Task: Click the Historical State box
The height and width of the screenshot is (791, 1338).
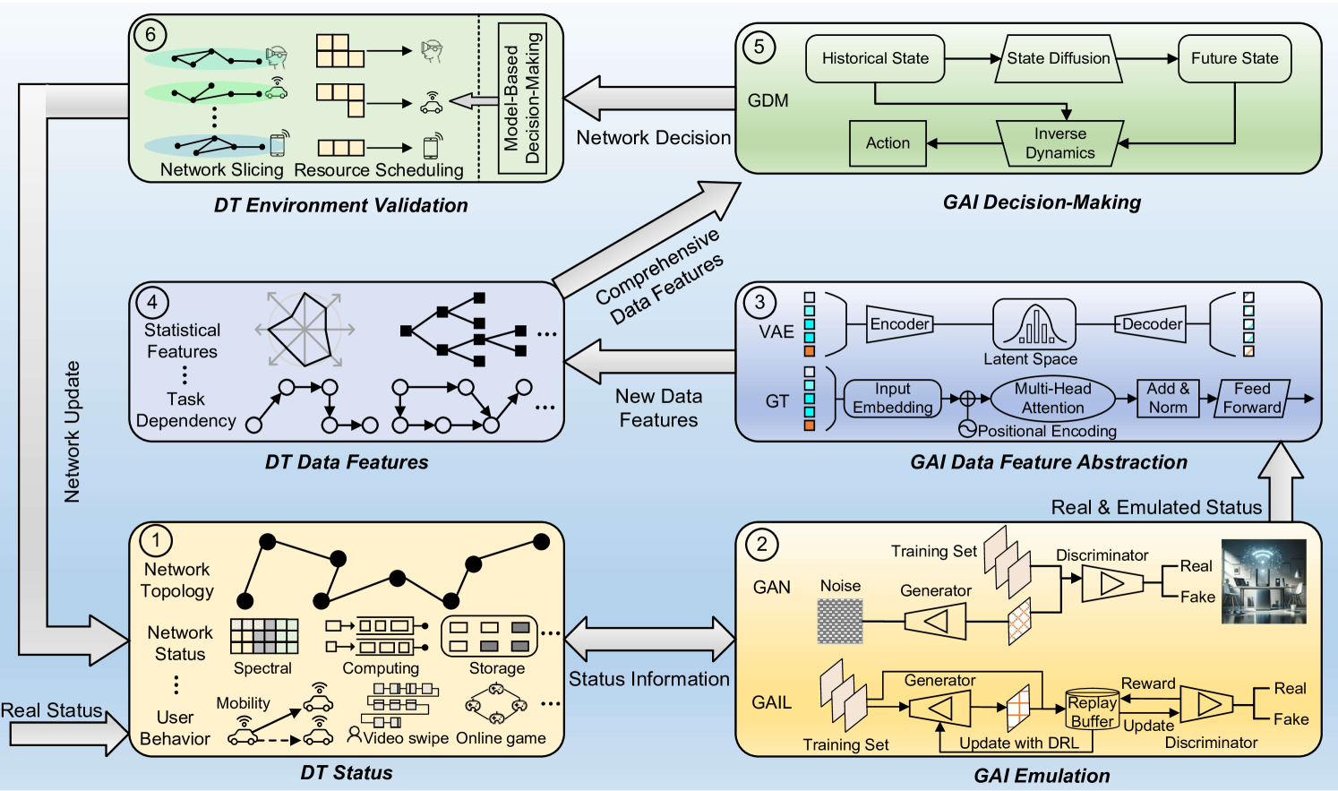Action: [x=875, y=59]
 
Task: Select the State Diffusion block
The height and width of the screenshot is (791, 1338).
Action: [x=1058, y=59]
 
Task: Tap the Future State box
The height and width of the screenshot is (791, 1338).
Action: [x=1234, y=59]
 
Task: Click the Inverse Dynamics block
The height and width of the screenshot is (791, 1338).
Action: [x=1059, y=143]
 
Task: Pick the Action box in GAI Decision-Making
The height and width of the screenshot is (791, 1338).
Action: [x=888, y=143]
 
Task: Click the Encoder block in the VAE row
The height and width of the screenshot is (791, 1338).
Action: [x=899, y=324]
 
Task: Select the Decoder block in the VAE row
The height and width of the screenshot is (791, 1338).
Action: [x=1152, y=324]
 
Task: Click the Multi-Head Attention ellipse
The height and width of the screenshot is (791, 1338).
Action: [x=1052, y=399]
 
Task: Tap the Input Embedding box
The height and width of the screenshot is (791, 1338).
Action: [x=892, y=399]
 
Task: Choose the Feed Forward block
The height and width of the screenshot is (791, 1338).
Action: [x=1252, y=399]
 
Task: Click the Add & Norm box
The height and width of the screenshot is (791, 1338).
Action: [x=1168, y=399]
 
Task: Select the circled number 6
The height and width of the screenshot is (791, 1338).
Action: [x=150, y=35]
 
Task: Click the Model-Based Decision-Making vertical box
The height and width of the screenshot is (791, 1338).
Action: [x=522, y=99]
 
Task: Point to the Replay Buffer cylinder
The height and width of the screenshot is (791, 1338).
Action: [x=1092, y=710]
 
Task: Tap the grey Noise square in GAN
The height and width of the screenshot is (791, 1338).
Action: [x=840, y=621]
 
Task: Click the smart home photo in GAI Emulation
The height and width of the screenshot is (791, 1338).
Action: [x=1264, y=581]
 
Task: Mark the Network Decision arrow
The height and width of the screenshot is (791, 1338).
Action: [x=649, y=99]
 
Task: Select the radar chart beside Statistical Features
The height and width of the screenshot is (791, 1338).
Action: [x=305, y=330]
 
